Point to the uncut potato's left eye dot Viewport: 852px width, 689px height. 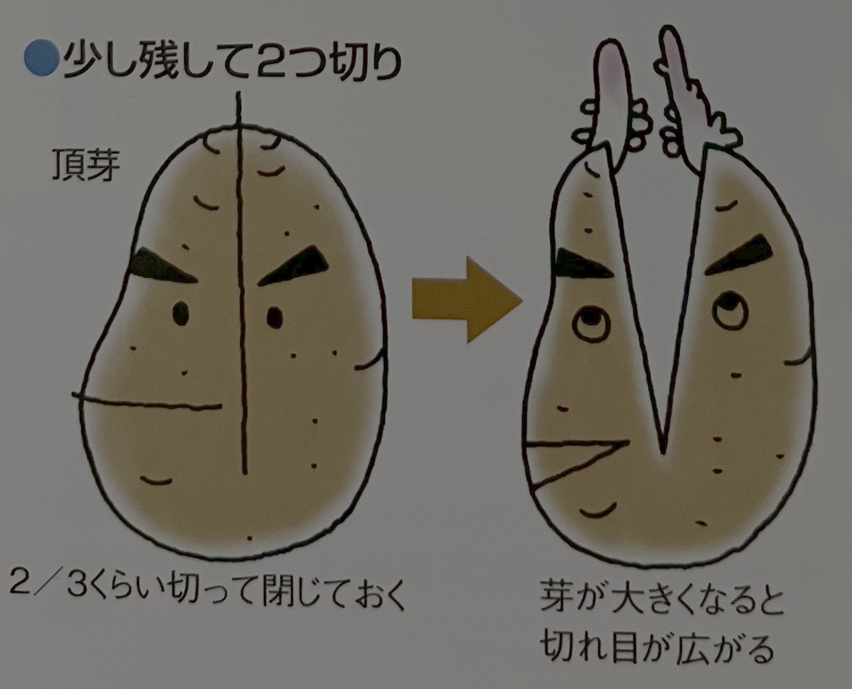[181, 313]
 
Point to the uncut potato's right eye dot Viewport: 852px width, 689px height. [274, 317]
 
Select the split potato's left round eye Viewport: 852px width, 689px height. [591, 323]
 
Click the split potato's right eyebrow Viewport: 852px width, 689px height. [741, 255]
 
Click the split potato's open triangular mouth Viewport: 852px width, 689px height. [566, 458]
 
